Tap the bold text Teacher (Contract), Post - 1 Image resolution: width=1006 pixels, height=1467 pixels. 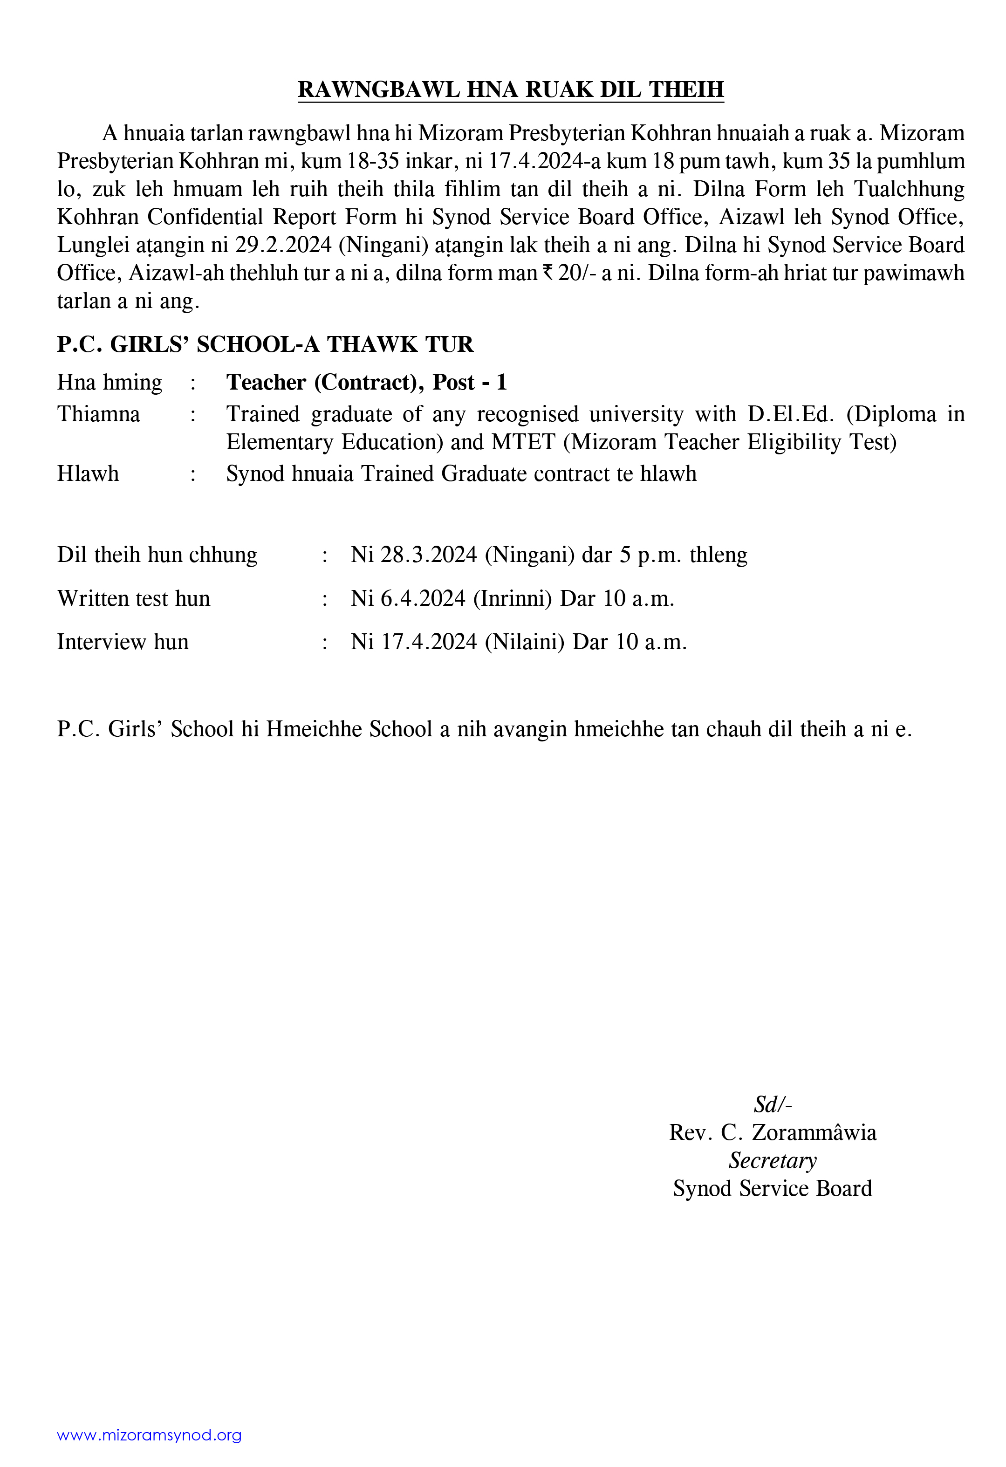367,383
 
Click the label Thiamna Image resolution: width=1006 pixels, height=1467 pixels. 98,414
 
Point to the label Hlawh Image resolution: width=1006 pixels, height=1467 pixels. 88,473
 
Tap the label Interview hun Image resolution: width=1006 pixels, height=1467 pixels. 123,642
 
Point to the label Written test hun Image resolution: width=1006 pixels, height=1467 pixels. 134,598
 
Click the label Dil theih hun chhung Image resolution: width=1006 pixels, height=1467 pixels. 157,555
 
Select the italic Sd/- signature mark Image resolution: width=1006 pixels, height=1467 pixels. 773,1104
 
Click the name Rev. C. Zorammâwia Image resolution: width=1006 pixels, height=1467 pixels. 773,1132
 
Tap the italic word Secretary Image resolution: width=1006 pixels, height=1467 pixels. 773,1160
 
